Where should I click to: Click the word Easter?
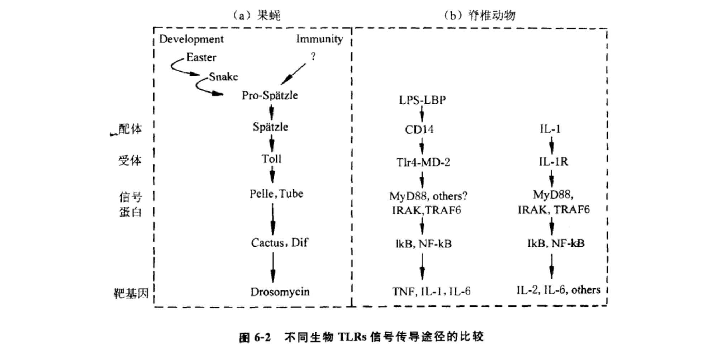pos(201,57)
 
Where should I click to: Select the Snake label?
pos(223,77)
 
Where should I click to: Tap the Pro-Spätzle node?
pos(270,95)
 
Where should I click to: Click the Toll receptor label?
pos(271,159)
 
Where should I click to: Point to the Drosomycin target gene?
pos(280,292)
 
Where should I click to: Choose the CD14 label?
pos(419,129)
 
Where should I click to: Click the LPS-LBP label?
pos(422,100)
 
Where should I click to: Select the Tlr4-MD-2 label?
pos(423,162)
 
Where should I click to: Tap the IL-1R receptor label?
pos(553,162)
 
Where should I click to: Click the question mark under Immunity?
pos(313,56)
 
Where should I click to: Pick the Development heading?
pos(191,39)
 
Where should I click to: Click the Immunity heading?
pos(319,39)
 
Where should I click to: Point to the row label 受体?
pos(130,160)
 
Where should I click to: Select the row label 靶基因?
pos(131,294)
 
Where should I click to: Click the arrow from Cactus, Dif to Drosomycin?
pos(273,267)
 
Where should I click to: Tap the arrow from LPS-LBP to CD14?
pos(422,114)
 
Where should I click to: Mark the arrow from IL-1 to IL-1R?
pos(551,145)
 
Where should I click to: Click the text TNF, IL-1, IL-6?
pos(431,292)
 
